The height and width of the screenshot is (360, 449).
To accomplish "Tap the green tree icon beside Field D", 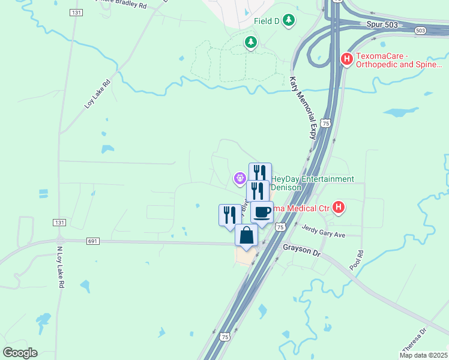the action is click(x=289, y=21).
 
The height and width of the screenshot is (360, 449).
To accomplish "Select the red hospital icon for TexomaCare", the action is click(x=346, y=59).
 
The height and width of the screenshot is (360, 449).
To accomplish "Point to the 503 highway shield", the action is click(x=420, y=31).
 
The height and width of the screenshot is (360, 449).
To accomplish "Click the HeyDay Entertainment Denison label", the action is click(x=313, y=183).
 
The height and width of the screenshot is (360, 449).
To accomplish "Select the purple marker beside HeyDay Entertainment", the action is click(x=240, y=178).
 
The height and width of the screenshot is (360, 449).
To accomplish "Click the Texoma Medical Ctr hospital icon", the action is click(x=339, y=208).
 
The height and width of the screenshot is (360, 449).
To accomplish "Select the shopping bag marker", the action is click(x=247, y=235).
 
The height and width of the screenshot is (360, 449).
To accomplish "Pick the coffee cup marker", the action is click(x=262, y=212).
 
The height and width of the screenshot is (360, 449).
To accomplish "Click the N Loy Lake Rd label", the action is click(x=60, y=267).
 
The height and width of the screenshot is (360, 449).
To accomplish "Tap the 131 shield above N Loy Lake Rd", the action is click(x=59, y=223).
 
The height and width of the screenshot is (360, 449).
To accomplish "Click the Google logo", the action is click(x=20, y=352).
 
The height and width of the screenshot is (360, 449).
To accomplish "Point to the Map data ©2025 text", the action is click(x=423, y=355).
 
